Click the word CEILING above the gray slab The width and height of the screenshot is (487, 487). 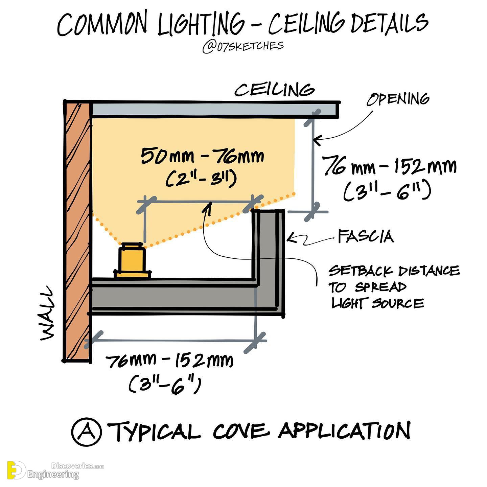pos(275,90)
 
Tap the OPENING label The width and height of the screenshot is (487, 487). pos(398,99)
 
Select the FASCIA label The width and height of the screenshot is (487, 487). pos(366,236)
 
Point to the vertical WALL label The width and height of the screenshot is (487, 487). pos(47,314)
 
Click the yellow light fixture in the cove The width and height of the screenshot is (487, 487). pos(132,261)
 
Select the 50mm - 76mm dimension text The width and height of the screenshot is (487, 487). pos(202,156)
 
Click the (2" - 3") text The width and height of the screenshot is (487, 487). pos(201,179)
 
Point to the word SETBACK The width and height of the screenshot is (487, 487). pos(361,271)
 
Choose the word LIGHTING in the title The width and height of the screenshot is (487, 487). pos(201,24)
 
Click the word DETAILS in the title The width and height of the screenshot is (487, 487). pos(390,24)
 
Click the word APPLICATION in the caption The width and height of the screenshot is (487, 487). pos(345,431)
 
